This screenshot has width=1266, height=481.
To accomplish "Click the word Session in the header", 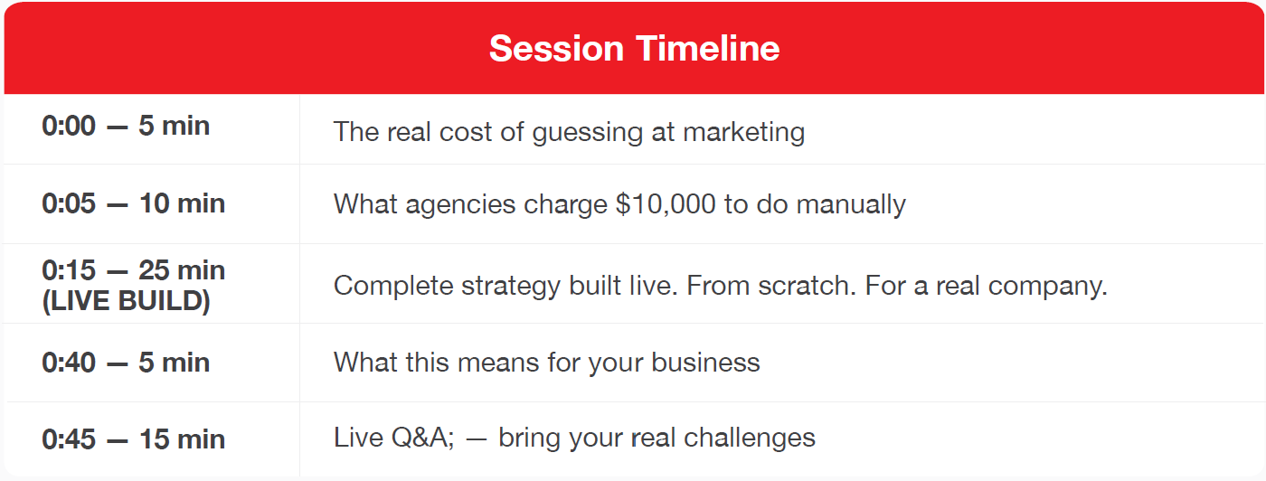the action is pyautogui.click(x=556, y=48).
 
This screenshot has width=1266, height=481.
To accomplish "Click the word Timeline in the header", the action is pyautogui.click(x=707, y=48).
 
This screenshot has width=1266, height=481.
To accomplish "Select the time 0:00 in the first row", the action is pyautogui.click(x=69, y=126).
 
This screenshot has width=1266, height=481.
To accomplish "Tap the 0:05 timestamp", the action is pyautogui.click(x=69, y=203).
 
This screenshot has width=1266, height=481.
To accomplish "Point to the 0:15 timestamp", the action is pyautogui.click(x=69, y=270).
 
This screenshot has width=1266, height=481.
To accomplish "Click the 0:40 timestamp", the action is pyautogui.click(x=69, y=363).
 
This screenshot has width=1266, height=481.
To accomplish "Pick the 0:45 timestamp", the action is pyautogui.click(x=69, y=439).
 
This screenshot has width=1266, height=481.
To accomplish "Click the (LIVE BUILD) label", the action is pyautogui.click(x=126, y=301).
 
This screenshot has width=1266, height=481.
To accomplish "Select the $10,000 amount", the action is pyautogui.click(x=666, y=204).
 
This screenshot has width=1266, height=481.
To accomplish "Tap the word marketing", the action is pyautogui.click(x=743, y=133).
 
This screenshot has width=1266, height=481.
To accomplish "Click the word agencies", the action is pyautogui.click(x=460, y=205).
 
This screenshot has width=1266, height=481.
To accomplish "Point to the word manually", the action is pyautogui.click(x=851, y=205).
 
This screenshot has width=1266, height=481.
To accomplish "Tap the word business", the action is pyautogui.click(x=705, y=363).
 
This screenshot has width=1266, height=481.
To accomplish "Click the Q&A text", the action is pyautogui.click(x=423, y=438).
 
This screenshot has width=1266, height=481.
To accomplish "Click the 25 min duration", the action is pyautogui.click(x=182, y=270).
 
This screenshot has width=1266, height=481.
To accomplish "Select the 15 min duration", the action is pyautogui.click(x=182, y=439).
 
